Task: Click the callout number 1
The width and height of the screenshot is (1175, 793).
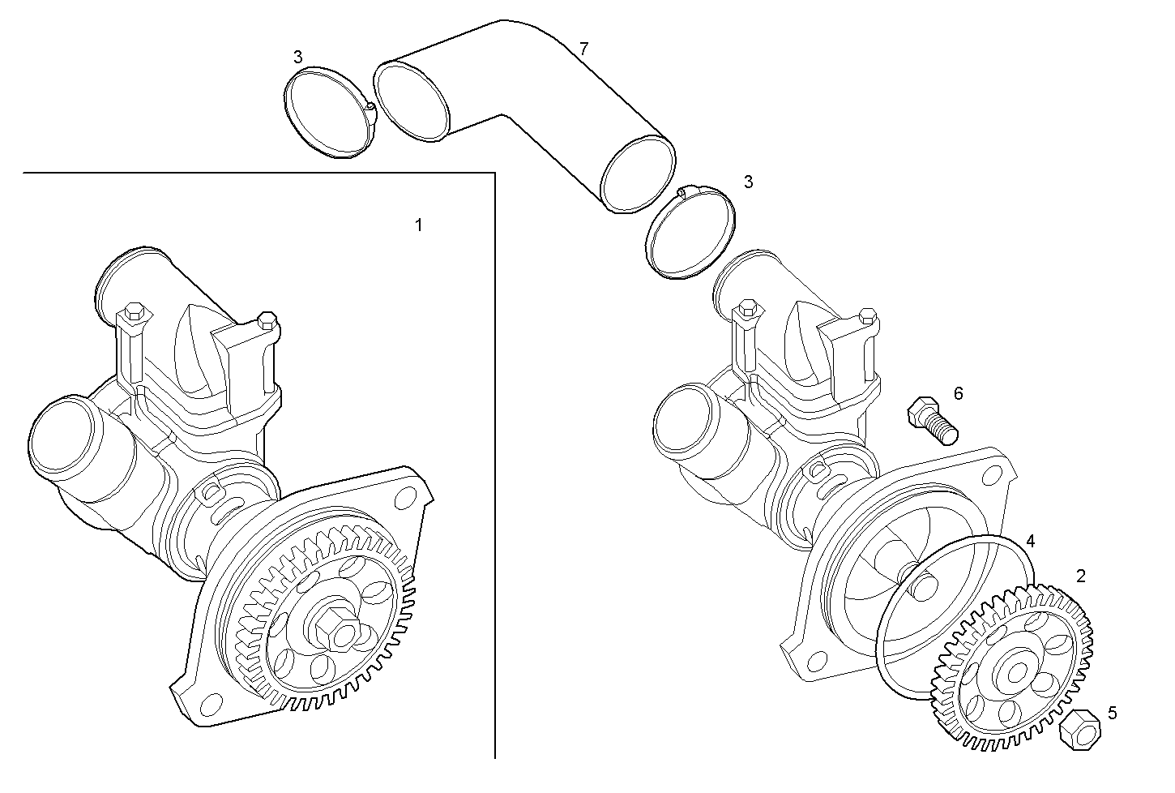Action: coord(418,225)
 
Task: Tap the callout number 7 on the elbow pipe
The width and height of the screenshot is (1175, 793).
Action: coord(583,49)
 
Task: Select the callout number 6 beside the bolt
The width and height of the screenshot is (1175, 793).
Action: coord(958,393)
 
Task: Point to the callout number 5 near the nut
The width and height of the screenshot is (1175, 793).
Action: coord(1112,713)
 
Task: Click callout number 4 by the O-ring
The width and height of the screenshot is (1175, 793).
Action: coord(1030,540)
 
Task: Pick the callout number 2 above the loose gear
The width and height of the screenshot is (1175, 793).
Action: coord(1080,576)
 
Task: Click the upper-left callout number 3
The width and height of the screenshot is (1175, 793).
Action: coord(298,57)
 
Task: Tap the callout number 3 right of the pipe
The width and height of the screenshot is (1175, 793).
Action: coord(748,182)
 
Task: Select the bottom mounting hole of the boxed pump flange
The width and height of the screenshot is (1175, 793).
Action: coord(212,703)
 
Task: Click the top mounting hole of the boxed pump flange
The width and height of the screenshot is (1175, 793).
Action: coord(400,495)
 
